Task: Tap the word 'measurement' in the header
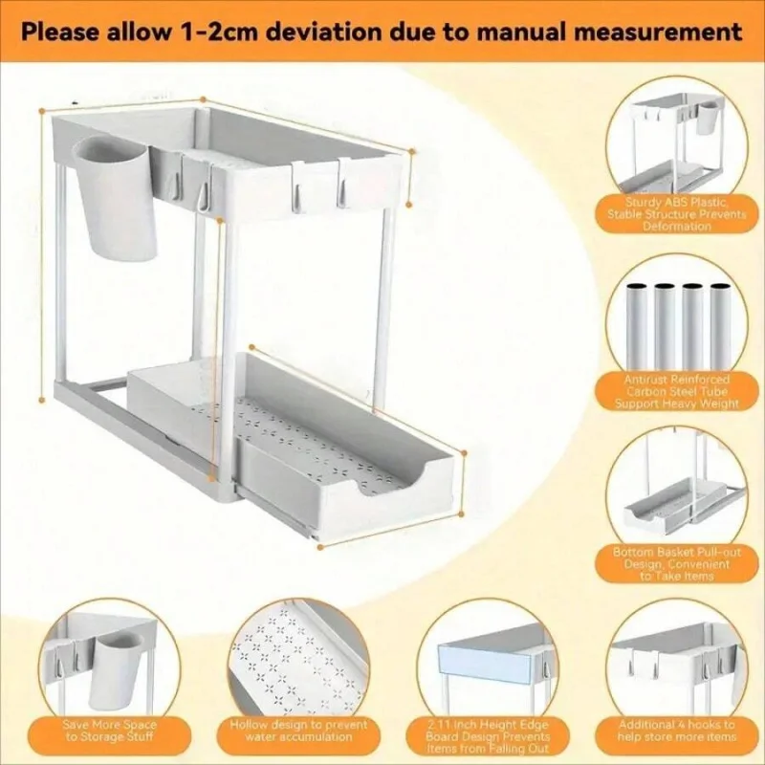(x=661, y=31)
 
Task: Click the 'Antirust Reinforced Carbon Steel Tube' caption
(x=677, y=391)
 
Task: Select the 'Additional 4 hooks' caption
(x=676, y=732)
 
